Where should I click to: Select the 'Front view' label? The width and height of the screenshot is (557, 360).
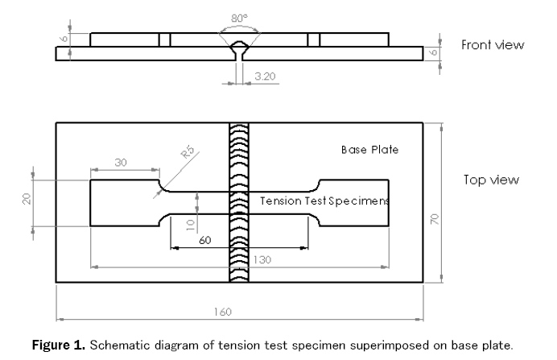pos(493,45)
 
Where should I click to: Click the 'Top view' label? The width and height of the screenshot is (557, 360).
pos(490,180)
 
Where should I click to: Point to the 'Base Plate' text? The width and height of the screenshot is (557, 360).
pos(369,150)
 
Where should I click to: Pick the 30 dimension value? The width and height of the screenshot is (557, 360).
pos(121,162)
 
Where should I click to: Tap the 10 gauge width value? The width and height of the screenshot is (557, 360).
pos(191,221)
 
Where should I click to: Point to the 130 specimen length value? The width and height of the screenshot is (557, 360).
pos(239,259)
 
